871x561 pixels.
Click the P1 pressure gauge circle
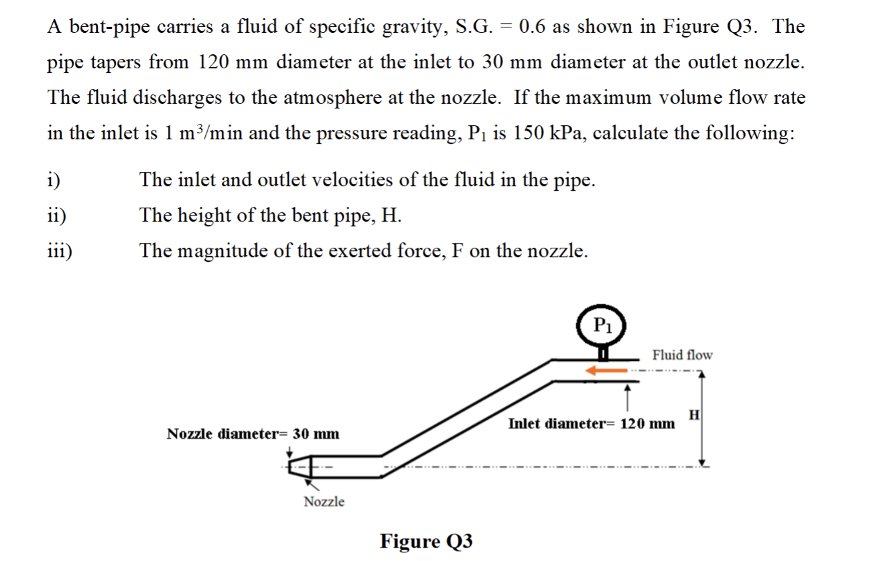(x=602, y=325)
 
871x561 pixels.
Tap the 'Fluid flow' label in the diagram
(x=682, y=355)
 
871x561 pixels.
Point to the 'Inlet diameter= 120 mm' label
(x=592, y=424)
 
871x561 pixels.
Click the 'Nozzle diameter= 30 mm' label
(x=253, y=434)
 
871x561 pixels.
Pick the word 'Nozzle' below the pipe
(x=324, y=501)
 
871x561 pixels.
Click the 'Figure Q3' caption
(x=426, y=540)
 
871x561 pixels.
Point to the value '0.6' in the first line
(x=533, y=27)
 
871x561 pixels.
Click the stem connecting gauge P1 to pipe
(x=603, y=351)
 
